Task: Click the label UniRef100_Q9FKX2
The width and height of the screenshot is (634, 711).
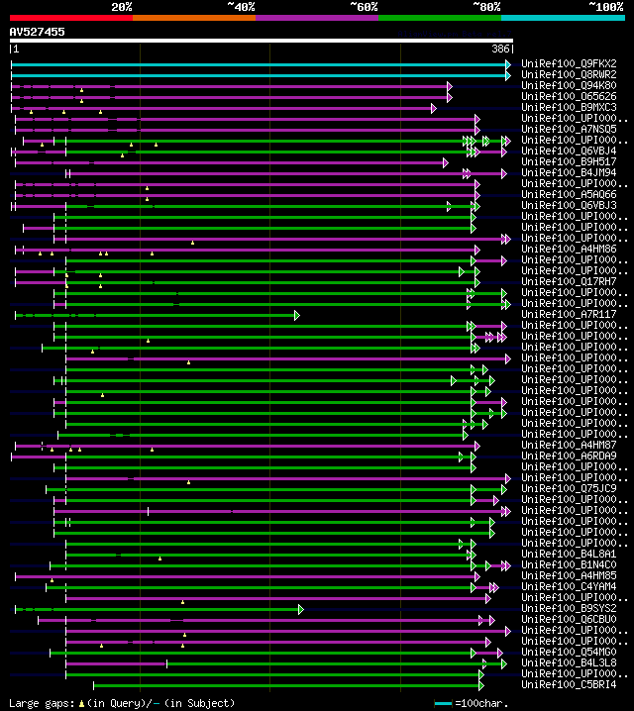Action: pos(570,63)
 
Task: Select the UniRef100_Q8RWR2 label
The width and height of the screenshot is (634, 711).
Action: pos(570,74)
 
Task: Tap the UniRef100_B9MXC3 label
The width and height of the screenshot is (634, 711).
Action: pos(570,107)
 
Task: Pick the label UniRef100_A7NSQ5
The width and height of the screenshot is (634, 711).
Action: pos(570,129)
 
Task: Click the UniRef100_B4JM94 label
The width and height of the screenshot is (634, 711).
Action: pos(570,172)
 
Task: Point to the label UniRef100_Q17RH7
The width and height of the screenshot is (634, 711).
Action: pos(570,281)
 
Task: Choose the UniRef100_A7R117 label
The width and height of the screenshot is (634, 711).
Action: pos(570,314)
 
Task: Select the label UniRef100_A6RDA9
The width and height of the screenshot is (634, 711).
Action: pos(570,456)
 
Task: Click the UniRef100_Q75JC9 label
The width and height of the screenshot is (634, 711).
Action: pos(570,488)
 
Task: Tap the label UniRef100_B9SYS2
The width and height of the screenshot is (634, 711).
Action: pos(570,608)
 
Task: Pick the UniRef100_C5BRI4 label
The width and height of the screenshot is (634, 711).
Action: pos(570,684)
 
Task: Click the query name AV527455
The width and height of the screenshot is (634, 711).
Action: pos(38,32)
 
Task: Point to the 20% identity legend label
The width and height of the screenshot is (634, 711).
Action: pos(122,6)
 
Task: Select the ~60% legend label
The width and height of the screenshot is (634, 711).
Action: pos(364,6)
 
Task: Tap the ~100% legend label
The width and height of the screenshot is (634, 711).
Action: pos(605,6)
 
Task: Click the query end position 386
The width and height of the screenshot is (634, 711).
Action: pos(501,49)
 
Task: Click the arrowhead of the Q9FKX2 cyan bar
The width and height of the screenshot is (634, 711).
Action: pos(509,64)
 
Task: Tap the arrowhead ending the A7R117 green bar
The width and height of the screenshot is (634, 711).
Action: pos(296,315)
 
